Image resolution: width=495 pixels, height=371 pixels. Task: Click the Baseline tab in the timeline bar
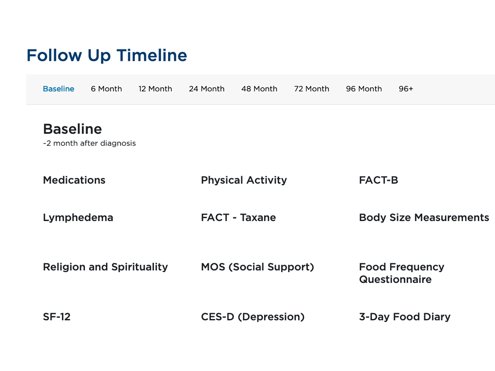58,89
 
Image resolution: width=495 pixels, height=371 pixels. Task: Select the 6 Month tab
106,89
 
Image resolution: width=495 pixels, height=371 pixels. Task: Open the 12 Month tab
155,89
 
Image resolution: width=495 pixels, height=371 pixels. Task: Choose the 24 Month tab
207,89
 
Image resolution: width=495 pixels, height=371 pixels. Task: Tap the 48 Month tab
259,89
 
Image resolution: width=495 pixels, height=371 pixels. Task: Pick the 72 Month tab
311,89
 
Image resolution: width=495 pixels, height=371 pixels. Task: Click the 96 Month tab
364,89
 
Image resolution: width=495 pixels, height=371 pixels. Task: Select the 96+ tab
406,89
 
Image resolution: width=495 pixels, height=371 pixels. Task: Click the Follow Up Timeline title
107,55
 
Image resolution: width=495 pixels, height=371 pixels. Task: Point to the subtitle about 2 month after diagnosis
89,143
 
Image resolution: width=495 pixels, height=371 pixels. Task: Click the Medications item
74,180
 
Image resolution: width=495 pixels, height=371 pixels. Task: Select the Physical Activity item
244,180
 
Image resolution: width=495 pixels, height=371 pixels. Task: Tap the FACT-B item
378,180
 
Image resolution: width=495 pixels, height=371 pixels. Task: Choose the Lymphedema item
78,218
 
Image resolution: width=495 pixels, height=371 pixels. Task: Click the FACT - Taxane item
238,218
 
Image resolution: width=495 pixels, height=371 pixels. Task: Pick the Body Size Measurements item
424,218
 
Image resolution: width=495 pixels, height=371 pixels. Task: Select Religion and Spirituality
105,267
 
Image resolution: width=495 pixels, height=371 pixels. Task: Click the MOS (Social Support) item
257,267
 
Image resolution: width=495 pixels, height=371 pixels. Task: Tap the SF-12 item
57,317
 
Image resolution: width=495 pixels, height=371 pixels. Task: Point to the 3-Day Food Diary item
405,317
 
